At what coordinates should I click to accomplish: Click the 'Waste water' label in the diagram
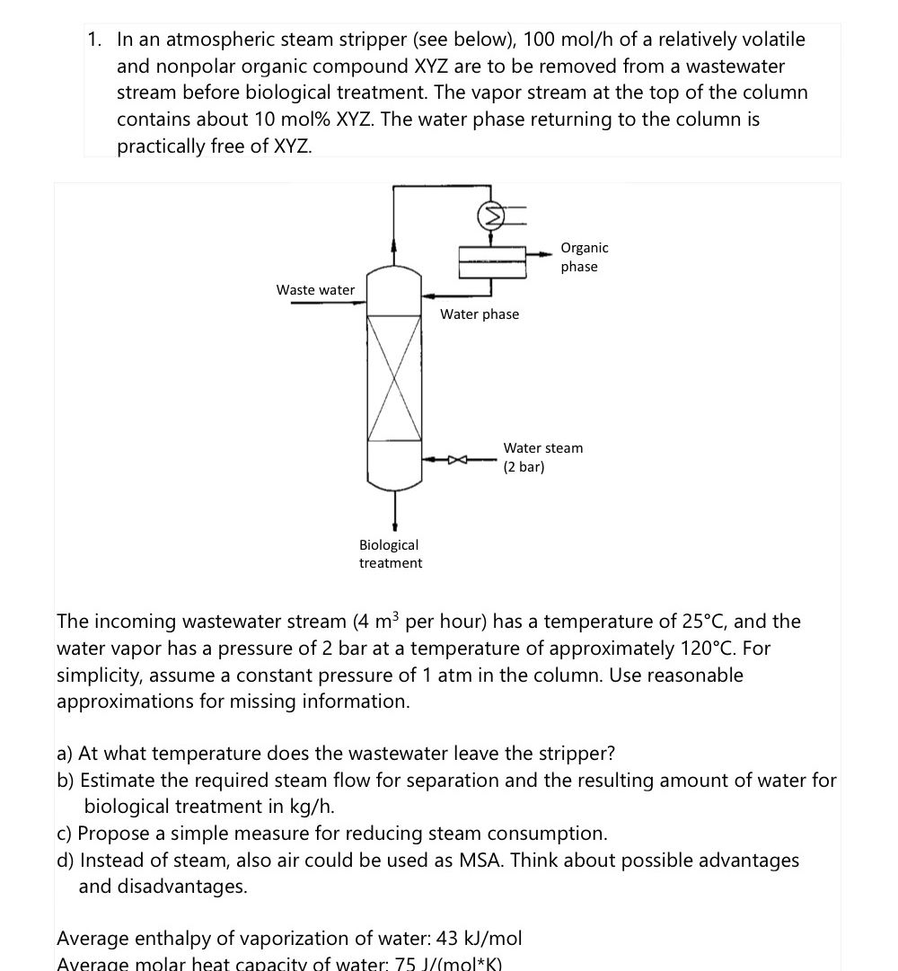[x=315, y=289]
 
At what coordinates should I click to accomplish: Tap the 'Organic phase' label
[x=584, y=257]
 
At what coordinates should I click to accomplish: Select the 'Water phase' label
[x=480, y=314]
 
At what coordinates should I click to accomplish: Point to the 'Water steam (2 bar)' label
[x=542, y=457]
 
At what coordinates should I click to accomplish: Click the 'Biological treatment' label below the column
[x=390, y=553]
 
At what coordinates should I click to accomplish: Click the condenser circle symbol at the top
[x=491, y=216]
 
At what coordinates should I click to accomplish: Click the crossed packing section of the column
[x=394, y=377]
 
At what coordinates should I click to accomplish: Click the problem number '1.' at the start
[x=95, y=40]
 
